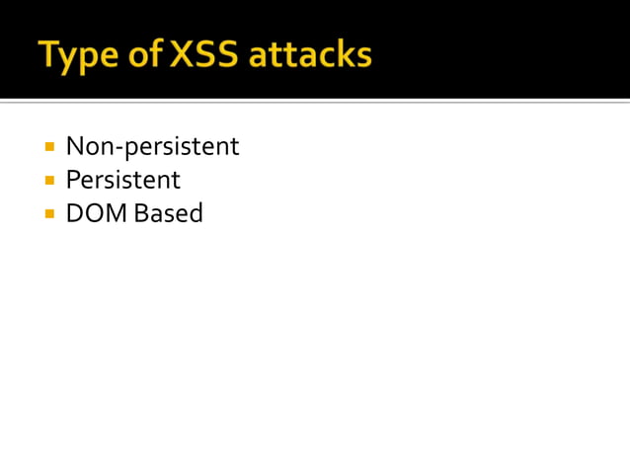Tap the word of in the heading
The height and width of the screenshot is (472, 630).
coord(144,55)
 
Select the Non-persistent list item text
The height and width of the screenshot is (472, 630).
coord(152,147)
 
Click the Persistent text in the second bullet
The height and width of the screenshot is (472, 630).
coord(122,180)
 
